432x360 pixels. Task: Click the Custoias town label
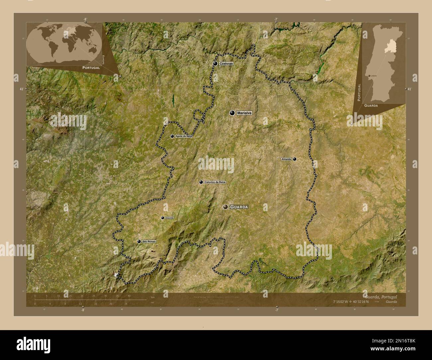tap(226, 63)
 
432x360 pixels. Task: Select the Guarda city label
tap(239, 207)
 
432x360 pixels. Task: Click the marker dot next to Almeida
tap(295, 159)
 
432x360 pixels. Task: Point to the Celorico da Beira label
tap(215, 182)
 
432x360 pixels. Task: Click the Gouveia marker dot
tap(162, 218)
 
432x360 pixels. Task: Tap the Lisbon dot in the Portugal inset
tap(370, 76)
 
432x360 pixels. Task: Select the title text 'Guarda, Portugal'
tap(380, 296)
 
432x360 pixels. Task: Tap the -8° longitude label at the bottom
tap(83, 310)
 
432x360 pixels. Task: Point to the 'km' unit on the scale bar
tap(153, 297)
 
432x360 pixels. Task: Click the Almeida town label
tap(286, 159)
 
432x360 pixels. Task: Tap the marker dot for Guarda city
tap(226, 207)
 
